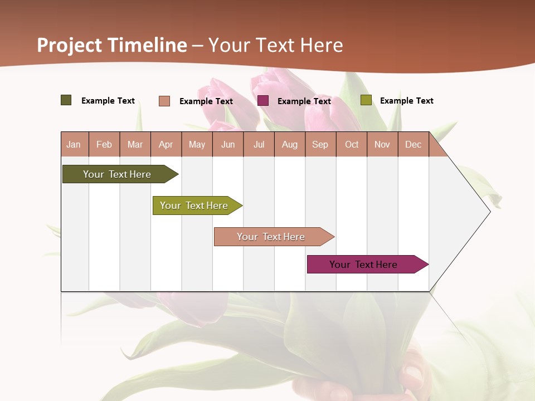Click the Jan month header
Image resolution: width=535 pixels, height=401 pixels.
pyautogui.click(x=74, y=144)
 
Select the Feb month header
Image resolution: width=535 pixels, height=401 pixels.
pyautogui.click(x=104, y=144)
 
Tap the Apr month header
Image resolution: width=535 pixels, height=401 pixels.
pyautogui.click(x=166, y=144)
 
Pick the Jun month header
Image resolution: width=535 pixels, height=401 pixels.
pyautogui.click(x=228, y=144)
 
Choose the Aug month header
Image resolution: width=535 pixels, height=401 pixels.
pyautogui.click(x=290, y=144)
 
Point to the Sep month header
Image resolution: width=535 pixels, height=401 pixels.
pyautogui.click(x=320, y=144)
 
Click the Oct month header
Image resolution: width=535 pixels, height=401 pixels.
pyautogui.click(x=352, y=144)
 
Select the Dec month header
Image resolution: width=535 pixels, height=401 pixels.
pyautogui.click(x=413, y=144)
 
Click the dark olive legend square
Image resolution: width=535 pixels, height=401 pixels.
pyautogui.click(x=66, y=100)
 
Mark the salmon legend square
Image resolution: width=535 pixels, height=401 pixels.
pyautogui.click(x=164, y=101)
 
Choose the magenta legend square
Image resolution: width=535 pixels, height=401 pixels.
pyautogui.click(x=263, y=101)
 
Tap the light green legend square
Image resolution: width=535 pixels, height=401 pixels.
pyautogui.click(x=366, y=100)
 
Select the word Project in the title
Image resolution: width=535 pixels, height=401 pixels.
pyautogui.click(x=70, y=45)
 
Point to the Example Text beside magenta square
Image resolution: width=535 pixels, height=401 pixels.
pyautogui.click(x=304, y=101)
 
